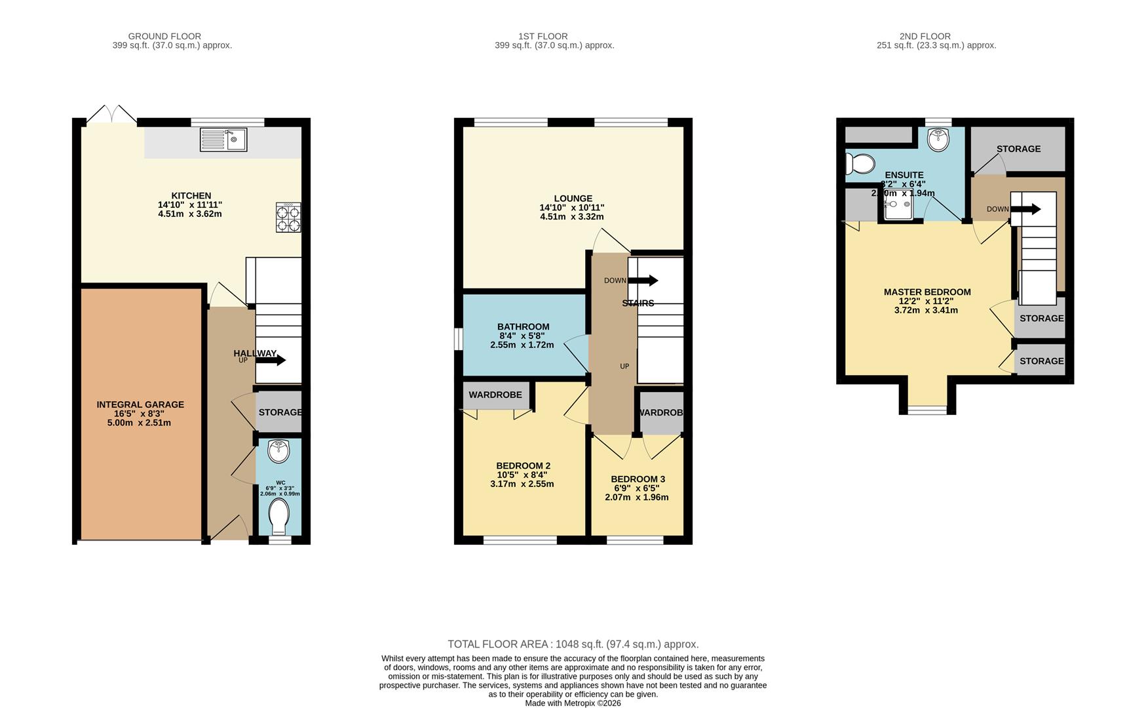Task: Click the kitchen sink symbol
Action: click(x=223, y=140)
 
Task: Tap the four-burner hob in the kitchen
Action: click(x=288, y=217)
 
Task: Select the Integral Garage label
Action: click(x=140, y=404)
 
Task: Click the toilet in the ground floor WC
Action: click(x=278, y=516)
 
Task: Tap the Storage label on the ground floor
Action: click(x=280, y=412)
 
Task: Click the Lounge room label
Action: click(x=573, y=199)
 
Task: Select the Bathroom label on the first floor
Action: click(x=523, y=326)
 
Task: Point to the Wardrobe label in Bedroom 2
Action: click(x=495, y=395)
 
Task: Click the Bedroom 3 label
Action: click(x=638, y=479)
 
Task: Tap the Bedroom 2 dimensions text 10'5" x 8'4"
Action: click(x=522, y=475)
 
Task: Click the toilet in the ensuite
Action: click(x=860, y=163)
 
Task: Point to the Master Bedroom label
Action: click(x=926, y=292)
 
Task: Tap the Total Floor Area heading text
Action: click(x=573, y=644)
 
